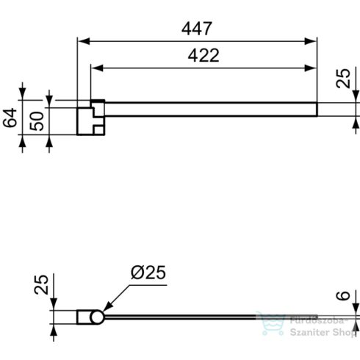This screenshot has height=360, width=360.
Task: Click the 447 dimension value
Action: coord(196,29)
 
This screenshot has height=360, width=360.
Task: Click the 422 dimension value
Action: coord(204,55)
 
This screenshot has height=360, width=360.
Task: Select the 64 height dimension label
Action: coord(10,118)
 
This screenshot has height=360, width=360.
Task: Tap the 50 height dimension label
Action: coord(37,121)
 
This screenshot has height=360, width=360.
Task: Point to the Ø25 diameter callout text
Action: coord(148,273)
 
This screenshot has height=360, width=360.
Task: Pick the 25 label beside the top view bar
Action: coord(343,79)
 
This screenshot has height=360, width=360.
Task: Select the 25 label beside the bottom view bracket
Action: coord(41,284)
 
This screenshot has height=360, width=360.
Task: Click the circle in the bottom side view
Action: coord(97,317)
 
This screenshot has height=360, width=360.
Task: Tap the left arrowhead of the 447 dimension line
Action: coord(83,41)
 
